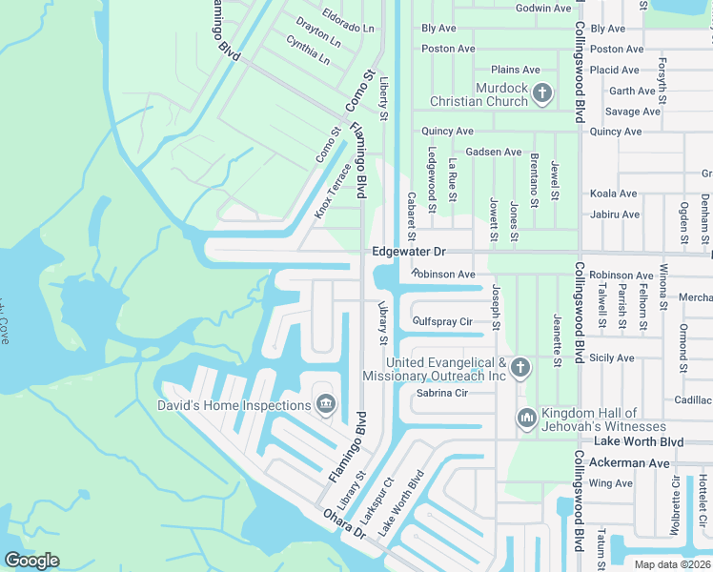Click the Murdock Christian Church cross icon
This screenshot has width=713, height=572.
[x=542, y=93]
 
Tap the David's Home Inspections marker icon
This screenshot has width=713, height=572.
[x=326, y=405]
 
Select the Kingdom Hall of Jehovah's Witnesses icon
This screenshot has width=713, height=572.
[x=527, y=418]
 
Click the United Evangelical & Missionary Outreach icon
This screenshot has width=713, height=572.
[x=519, y=367]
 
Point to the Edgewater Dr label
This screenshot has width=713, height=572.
[x=409, y=252]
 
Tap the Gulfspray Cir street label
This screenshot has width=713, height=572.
[x=442, y=321]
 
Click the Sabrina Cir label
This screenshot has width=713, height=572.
[x=442, y=393]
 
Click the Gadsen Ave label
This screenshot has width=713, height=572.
[x=493, y=152]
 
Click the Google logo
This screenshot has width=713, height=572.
[x=31, y=560]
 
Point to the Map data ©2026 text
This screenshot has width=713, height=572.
[x=670, y=564]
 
